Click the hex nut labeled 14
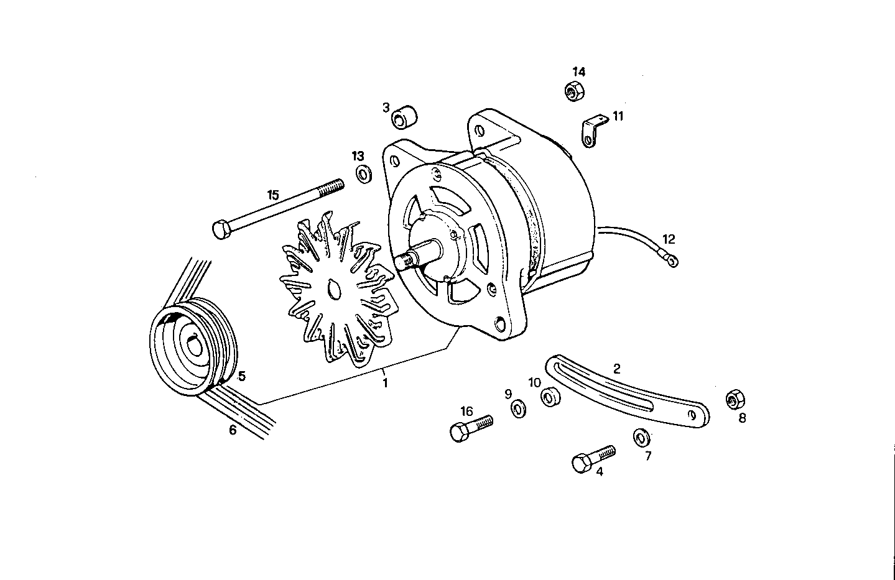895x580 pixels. click(x=573, y=91)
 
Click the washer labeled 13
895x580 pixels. click(x=363, y=174)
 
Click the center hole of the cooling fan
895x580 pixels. click(x=333, y=290)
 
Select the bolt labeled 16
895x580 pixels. click(x=470, y=428)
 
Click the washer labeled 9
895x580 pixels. click(x=517, y=409)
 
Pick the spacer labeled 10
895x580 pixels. click(x=550, y=398)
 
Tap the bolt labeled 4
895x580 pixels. click(x=591, y=459)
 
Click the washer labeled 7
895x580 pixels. click(x=639, y=438)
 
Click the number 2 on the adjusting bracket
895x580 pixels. click(x=616, y=368)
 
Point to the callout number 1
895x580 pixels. click(x=385, y=384)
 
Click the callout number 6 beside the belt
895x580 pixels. click(x=233, y=430)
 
